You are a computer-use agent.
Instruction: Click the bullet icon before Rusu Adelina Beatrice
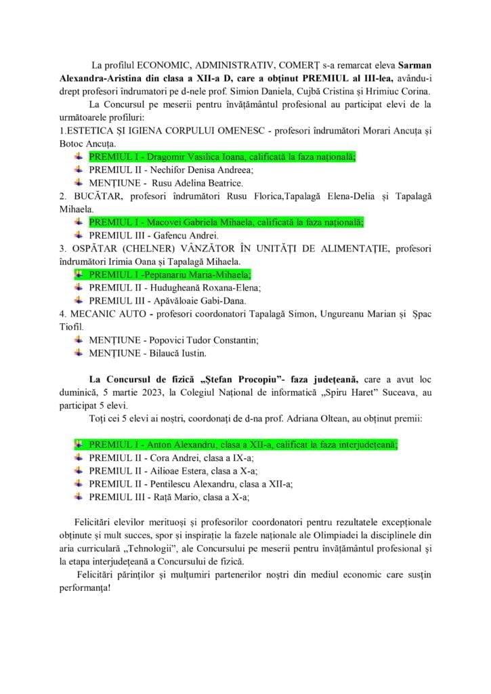[79, 183]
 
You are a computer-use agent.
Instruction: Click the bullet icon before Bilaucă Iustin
[79, 352]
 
